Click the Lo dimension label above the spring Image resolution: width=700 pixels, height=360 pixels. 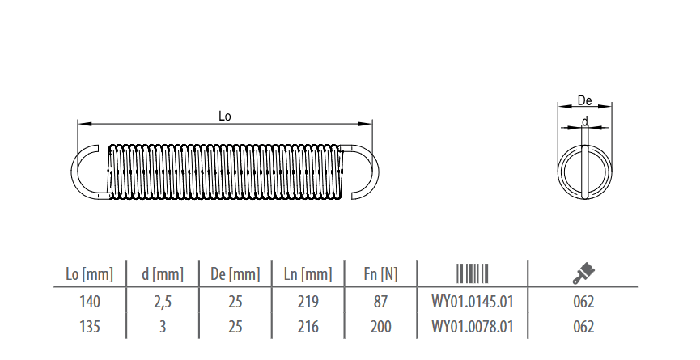(x=224, y=116)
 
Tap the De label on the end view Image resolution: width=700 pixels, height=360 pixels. (x=584, y=100)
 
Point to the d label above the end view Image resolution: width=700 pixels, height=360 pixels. (x=585, y=121)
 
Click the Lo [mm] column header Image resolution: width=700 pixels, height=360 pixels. (x=89, y=274)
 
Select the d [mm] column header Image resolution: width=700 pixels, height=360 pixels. (x=163, y=274)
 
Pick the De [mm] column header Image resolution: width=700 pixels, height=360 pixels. (x=235, y=274)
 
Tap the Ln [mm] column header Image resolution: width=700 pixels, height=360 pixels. (x=308, y=274)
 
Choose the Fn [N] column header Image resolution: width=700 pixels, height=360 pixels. (x=380, y=274)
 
